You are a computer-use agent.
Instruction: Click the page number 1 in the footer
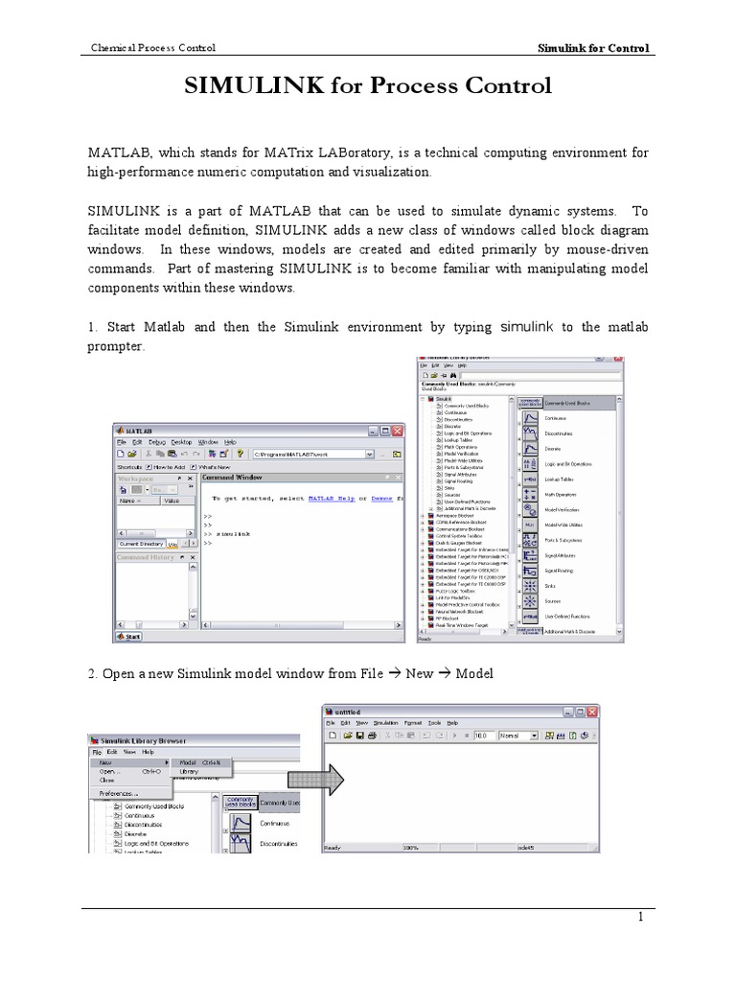click(x=643, y=919)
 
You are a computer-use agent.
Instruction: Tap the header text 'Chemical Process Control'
click(x=152, y=47)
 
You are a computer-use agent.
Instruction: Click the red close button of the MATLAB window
click(x=399, y=432)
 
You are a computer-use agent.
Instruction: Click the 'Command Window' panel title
click(x=233, y=477)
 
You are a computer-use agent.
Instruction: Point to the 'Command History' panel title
click(x=146, y=557)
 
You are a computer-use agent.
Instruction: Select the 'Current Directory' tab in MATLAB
click(x=141, y=544)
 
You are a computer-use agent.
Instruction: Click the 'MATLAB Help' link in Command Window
click(x=324, y=499)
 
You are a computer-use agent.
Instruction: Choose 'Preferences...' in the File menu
click(x=119, y=793)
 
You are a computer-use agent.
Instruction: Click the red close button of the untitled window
click(x=595, y=712)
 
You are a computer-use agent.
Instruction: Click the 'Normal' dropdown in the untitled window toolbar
click(x=496, y=736)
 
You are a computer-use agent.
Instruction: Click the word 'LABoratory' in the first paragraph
click(x=361, y=152)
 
